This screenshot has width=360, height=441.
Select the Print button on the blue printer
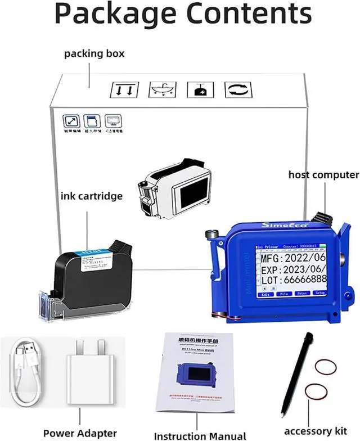click(301, 294)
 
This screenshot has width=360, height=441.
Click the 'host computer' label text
click(323, 174)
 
